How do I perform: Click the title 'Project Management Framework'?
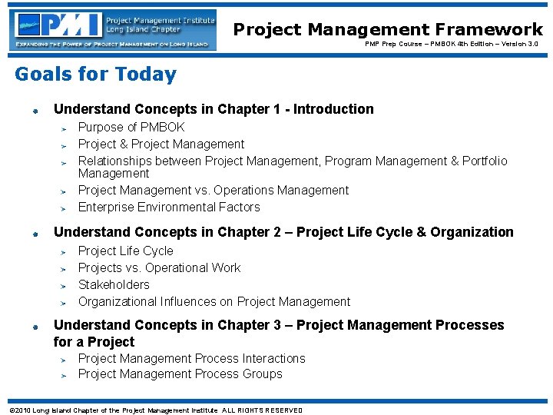[388, 29]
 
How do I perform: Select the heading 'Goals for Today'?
[95, 75]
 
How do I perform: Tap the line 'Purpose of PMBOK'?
[131, 127]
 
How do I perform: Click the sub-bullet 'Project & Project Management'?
[161, 144]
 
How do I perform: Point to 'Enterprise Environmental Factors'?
[169, 207]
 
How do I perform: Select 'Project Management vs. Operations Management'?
[214, 190]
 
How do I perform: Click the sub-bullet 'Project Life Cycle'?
[126, 251]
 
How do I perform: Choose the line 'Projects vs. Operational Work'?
[159, 267]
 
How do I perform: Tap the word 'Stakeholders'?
[114, 284]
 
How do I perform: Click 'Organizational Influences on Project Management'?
[214, 301]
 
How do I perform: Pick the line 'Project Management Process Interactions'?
[191, 358]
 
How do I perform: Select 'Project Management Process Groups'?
[180, 373]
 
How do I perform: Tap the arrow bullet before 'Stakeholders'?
[66, 286]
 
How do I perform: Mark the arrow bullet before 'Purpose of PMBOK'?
[66, 128]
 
